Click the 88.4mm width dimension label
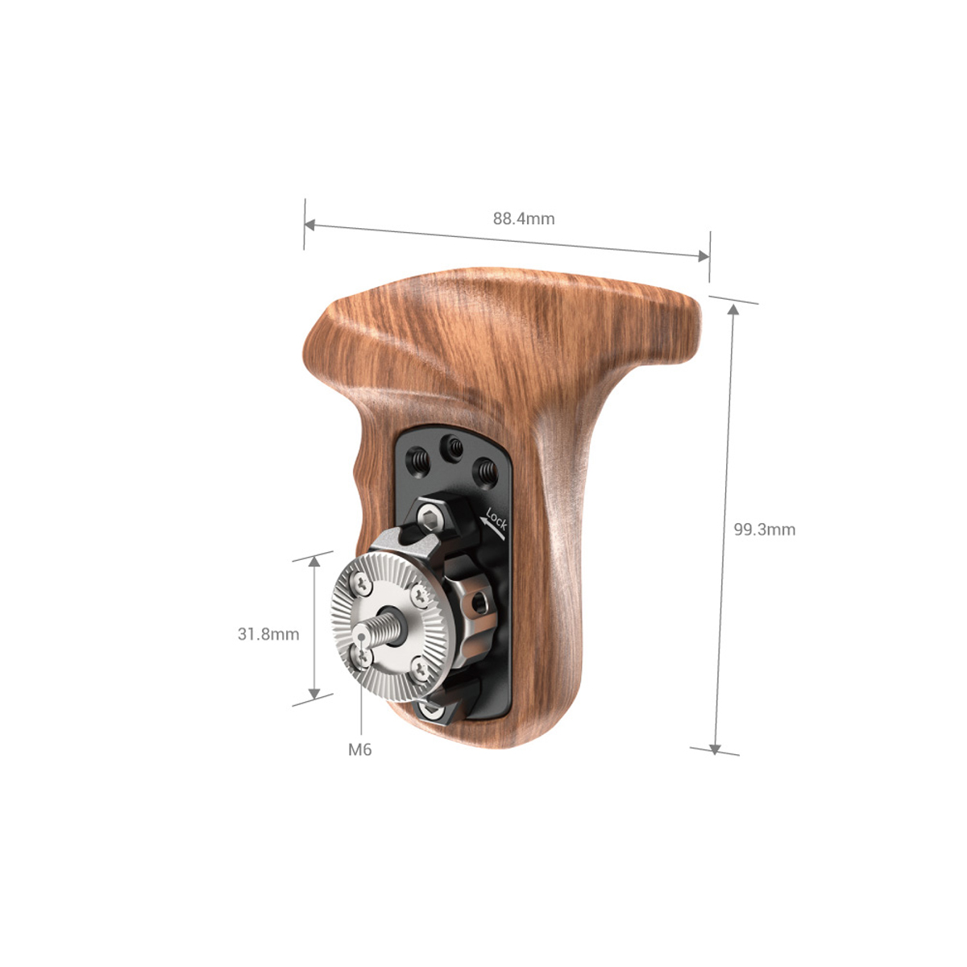[524, 218]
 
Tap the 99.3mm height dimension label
[764, 529]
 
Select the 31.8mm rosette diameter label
[268, 634]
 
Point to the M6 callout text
[360, 749]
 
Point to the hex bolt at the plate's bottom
[433, 712]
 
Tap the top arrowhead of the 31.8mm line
[313, 562]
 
